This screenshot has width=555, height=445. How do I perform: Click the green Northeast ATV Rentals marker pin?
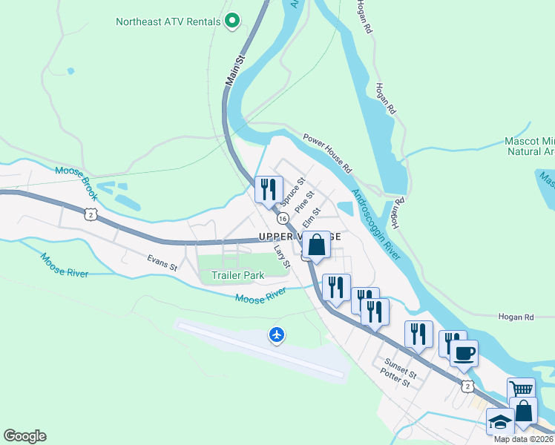[231, 22]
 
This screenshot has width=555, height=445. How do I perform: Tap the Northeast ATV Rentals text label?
[168, 22]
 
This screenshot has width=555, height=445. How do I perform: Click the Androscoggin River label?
[376, 222]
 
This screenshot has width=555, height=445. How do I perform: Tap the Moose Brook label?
[82, 176]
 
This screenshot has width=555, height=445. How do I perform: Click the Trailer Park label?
[237, 275]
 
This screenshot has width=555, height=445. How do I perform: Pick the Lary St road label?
[280, 255]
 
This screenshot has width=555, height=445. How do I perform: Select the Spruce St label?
[292, 191]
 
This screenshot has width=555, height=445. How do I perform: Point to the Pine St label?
[304, 202]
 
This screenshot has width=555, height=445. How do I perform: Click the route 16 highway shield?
[283, 218]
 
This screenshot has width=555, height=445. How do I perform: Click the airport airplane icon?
[277, 335]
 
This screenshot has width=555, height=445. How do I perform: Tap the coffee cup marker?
[464, 353]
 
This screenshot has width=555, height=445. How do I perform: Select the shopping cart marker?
[522, 389]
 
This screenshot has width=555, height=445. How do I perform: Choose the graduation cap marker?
[500, 422]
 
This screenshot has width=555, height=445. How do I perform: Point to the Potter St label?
[395, 382]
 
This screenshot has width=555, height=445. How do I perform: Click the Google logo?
[24, 436]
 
